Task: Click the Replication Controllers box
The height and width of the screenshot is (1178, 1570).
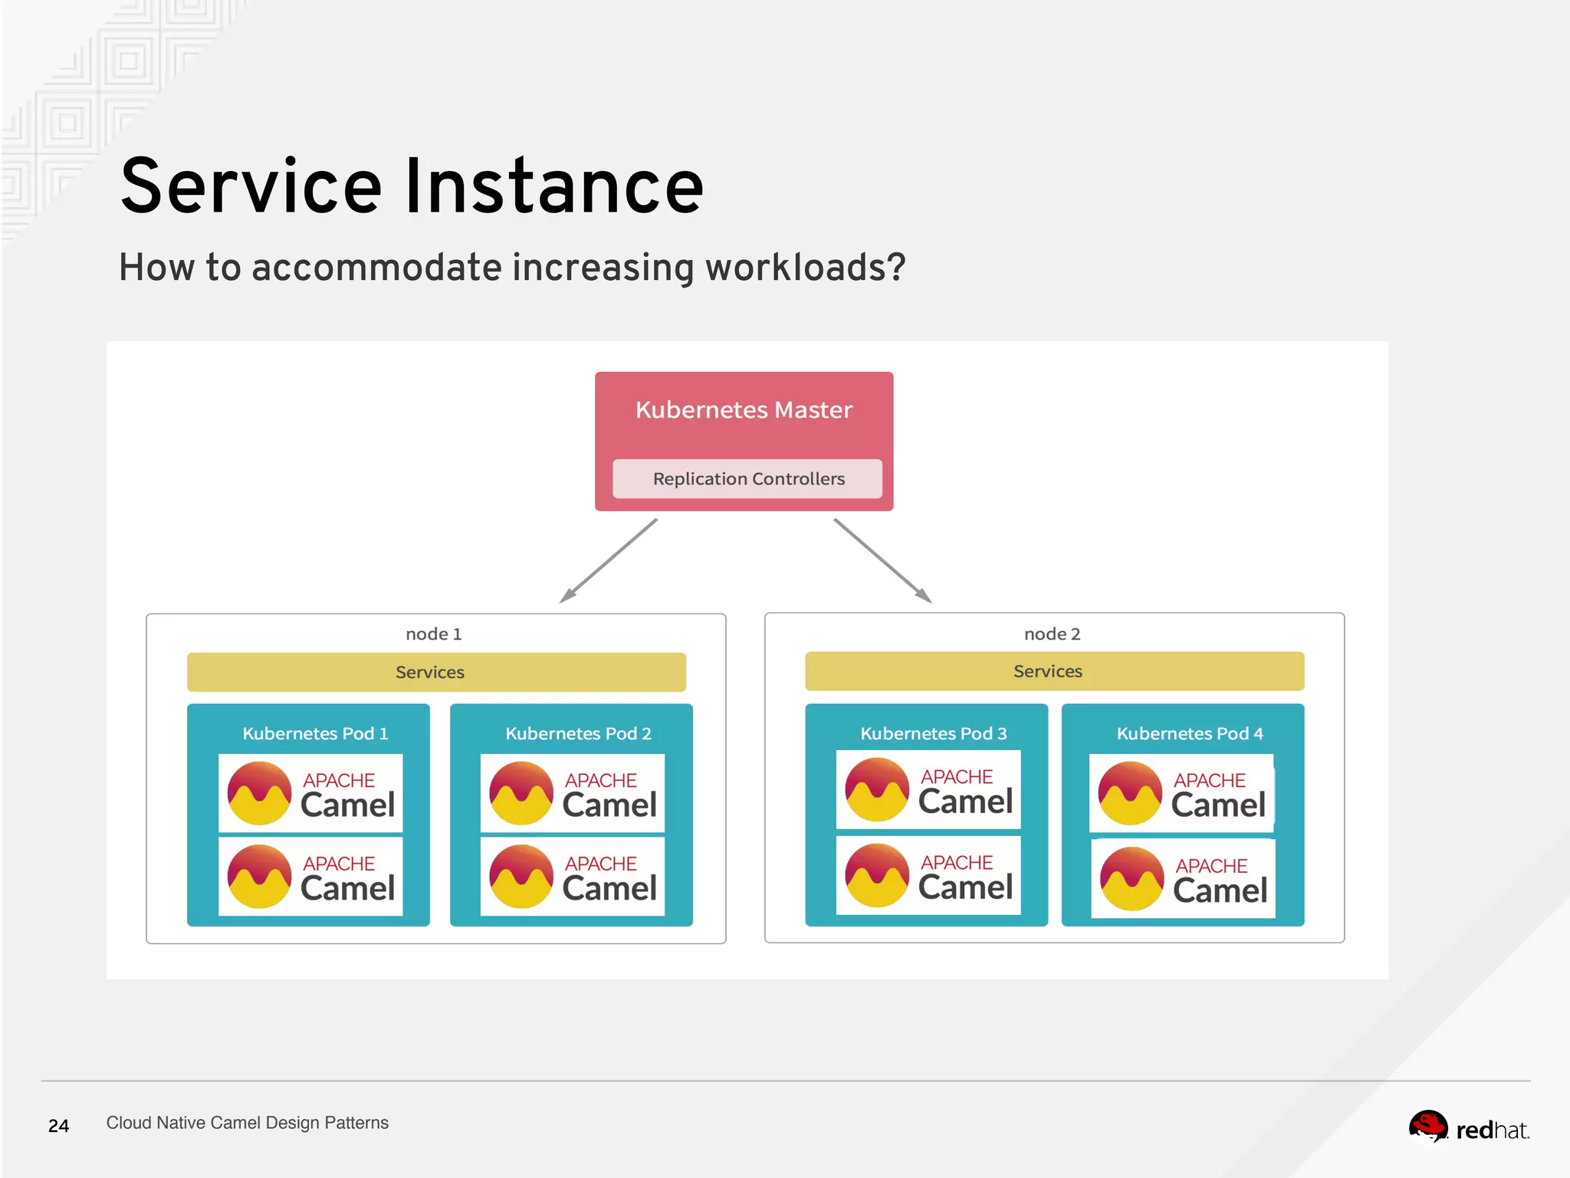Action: click(747, 479)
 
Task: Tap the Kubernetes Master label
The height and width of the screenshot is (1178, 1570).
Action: click(744, 410)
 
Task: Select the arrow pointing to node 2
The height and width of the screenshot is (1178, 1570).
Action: click(882, 561)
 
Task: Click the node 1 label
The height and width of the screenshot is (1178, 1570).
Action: click(433, 634)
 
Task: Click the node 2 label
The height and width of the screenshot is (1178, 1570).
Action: click(1052, 634)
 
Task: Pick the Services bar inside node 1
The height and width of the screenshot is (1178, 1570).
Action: click(436, 672)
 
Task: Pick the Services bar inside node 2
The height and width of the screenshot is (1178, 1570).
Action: click(1054, 671)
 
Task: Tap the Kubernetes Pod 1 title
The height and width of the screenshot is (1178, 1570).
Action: click(315, 733)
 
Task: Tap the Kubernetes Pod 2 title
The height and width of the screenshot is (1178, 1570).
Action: click(578, 733)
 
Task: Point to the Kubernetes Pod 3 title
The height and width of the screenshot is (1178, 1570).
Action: click(933, 733)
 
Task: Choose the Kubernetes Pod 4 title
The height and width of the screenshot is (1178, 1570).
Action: click(1189, 733)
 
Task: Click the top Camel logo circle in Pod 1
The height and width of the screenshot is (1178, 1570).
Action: click(259, 793)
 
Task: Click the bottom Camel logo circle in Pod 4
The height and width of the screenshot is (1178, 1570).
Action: click(1132, 879)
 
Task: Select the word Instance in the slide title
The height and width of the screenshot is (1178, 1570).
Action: click(553, 186)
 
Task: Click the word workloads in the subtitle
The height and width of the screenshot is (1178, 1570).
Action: click(805, 268)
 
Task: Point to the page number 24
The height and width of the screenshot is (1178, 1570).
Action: click(58, 1126)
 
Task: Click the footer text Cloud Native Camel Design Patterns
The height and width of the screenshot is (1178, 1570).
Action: click(247, 1123)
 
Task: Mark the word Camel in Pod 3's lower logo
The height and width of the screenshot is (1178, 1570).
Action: click(965, 887)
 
